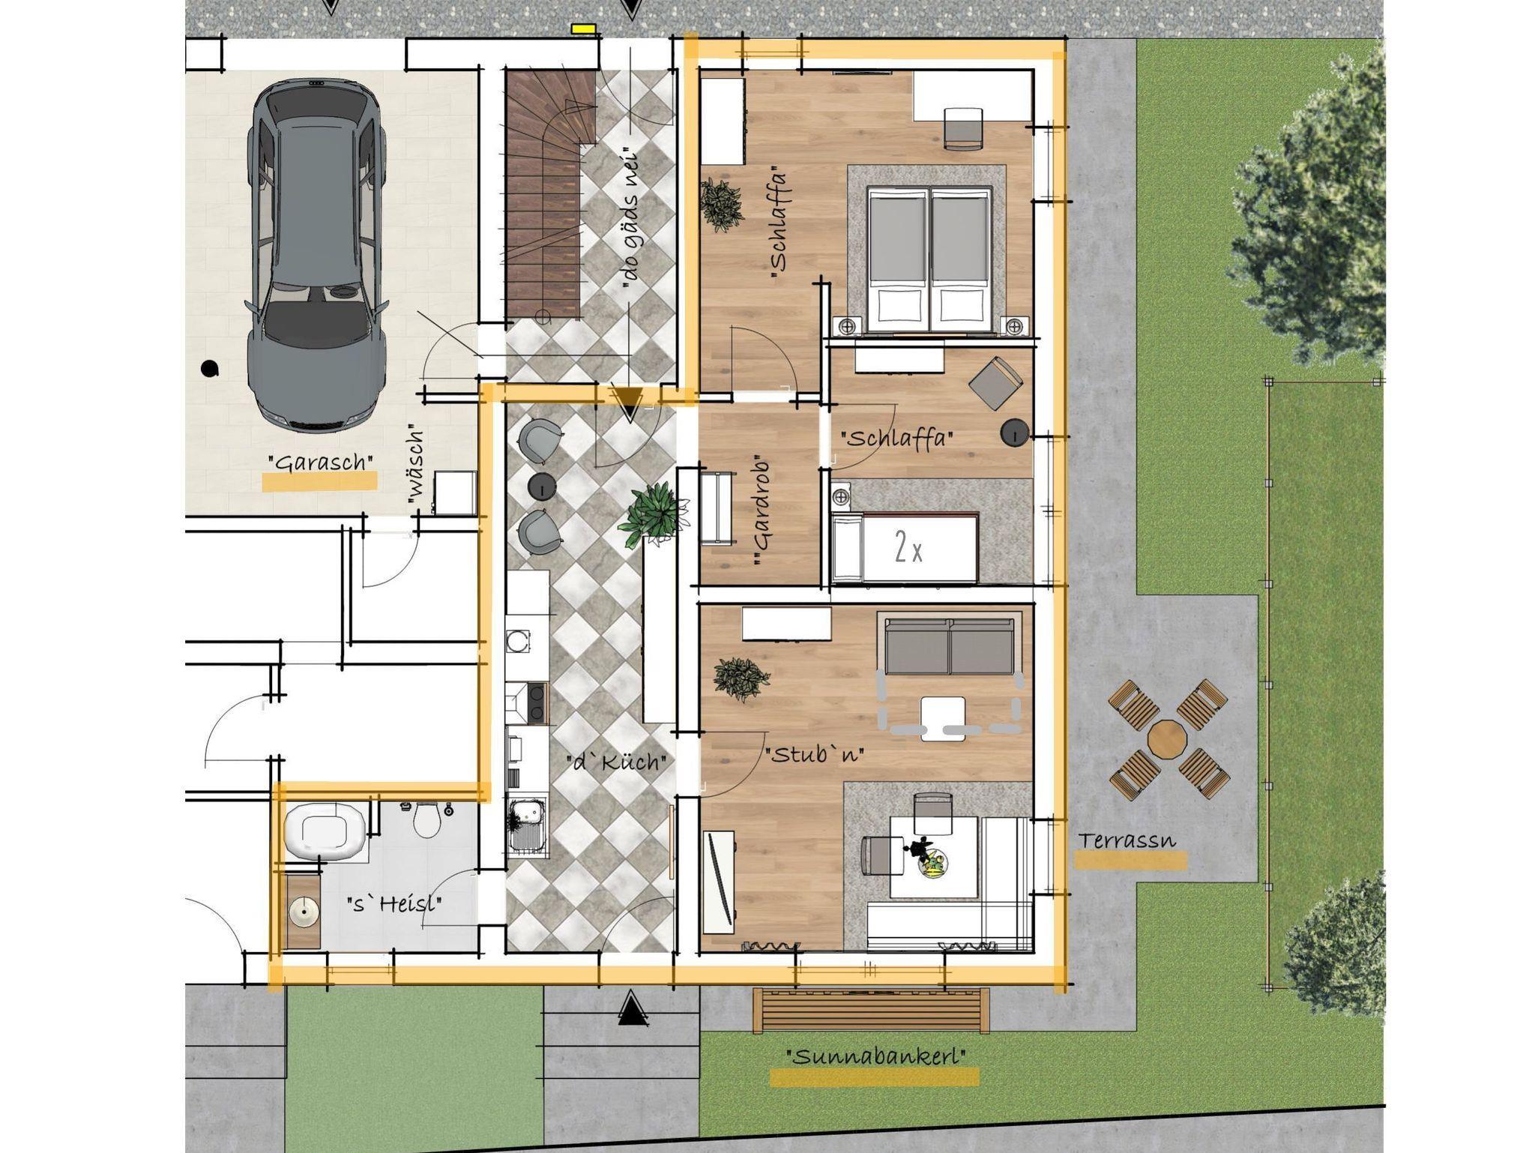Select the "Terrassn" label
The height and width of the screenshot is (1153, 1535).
coord(1127,840)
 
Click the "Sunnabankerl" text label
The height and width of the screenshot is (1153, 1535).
coord(875,1057)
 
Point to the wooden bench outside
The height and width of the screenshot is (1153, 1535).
coord(871,1011)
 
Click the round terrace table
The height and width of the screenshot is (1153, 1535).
coord(1168,739)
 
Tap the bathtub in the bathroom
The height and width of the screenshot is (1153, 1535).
coord(325,832)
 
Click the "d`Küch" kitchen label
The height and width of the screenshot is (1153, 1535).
coord(616,763)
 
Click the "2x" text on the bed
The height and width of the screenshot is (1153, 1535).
coord(908,550)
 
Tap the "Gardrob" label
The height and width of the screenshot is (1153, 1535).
coord(763,511)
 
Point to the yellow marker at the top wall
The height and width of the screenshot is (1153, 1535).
coord(583,28)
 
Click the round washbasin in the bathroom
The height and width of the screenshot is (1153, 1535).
coord(304,912)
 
